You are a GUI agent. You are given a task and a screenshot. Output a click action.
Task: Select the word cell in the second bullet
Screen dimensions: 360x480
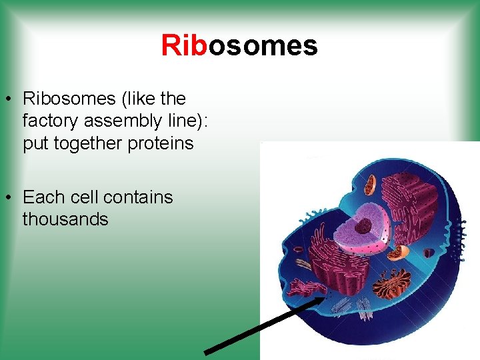point(81,197)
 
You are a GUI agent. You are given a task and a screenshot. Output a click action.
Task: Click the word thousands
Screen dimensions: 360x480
point(65,219)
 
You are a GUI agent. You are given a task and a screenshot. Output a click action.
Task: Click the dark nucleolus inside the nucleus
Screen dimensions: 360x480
point(364,226)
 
